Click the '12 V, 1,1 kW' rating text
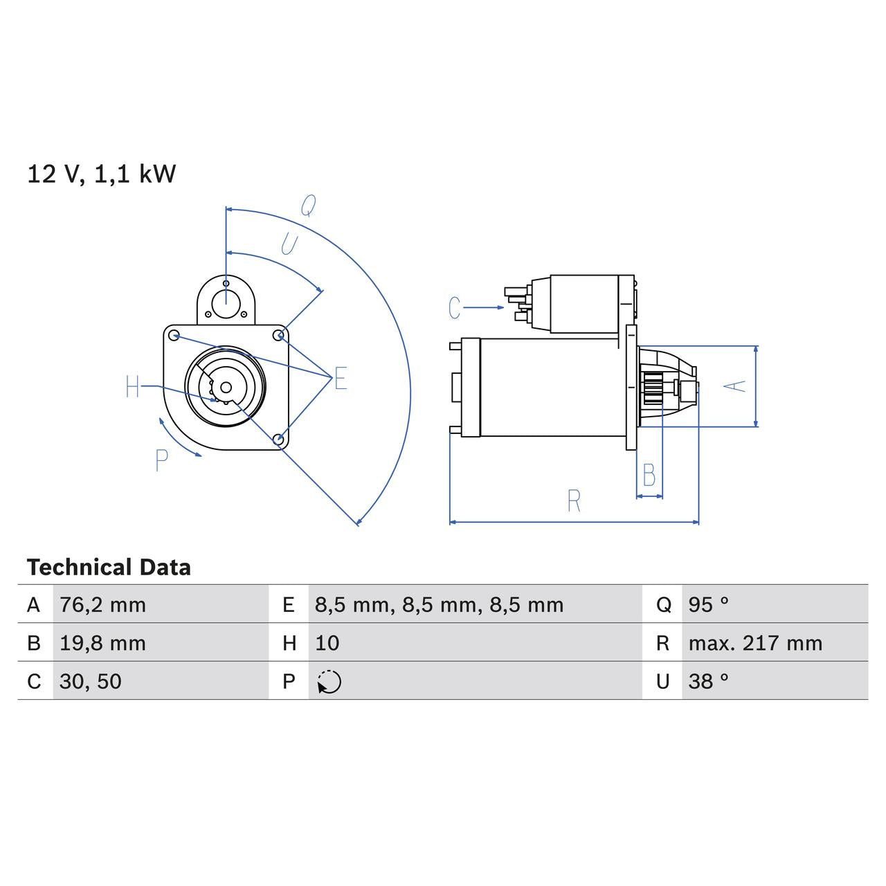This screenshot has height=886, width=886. [x=101, y=174]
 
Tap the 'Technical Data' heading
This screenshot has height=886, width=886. [x=109, y=568]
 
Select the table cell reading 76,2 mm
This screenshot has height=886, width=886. [x=102, y=605]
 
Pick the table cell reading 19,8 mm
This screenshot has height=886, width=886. [x=102, y=643]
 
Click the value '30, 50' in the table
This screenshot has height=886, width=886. [x=90, y=681]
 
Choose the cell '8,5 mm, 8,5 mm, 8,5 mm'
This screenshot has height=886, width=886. [x=439, y=605]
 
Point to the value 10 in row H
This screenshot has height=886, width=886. [x=327, y=643]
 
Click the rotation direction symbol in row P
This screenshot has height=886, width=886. [x=329, y=682]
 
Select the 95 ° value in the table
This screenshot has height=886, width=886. [x=708, y=605]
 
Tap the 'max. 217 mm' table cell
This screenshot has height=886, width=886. [x=755, y=643]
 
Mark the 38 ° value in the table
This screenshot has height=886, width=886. [x=708, y=681]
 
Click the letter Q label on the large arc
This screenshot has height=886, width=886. [x=308, y=206]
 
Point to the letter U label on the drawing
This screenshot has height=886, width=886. [x=289, y=244]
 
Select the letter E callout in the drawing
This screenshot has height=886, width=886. [x=341, y=379]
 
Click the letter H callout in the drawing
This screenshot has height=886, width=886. [x=133, y=387]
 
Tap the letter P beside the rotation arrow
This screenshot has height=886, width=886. [x=161, y=460]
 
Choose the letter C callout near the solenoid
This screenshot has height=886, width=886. [x=454, y=308]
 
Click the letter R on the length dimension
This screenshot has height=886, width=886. [x=573, y=501]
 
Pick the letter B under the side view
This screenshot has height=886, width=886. [x=649, y=476]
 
